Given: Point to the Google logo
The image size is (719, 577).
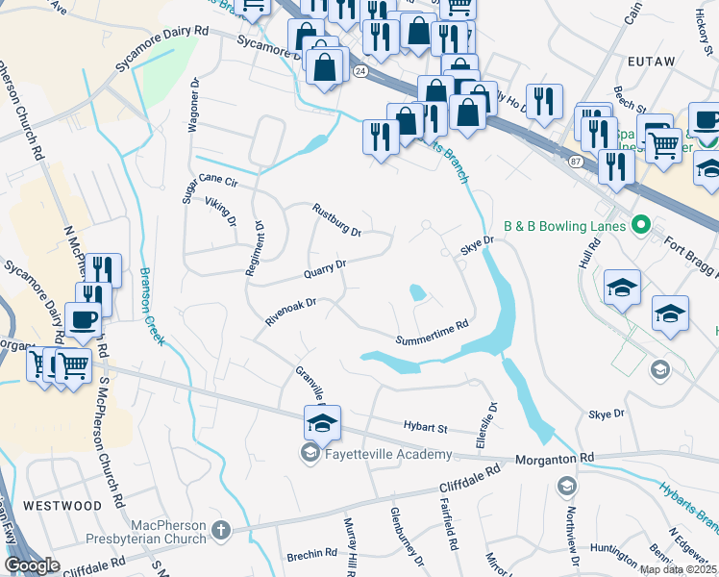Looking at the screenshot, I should (x=32, y=565).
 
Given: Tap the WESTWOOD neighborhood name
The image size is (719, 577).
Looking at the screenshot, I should (x=62, y=505).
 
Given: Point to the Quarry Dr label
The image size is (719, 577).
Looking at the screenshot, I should (x=324, y=268).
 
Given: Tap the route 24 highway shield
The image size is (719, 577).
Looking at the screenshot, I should (x=359, y=71).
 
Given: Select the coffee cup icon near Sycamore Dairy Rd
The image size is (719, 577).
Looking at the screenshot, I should (x=83, y=320).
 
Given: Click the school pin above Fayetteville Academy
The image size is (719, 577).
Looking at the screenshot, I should (x=322, y=422).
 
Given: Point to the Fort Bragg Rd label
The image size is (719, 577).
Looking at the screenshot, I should (x=683, y=244).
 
